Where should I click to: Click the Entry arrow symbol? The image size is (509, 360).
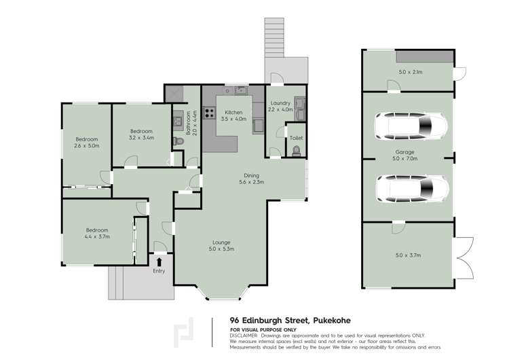pos(159,261)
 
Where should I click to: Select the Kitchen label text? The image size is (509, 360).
pos(233,113)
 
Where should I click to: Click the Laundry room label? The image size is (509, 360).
pos(280,105)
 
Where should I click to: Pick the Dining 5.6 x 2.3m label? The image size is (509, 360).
pos(251,179)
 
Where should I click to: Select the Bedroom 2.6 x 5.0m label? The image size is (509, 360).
pos(86,142)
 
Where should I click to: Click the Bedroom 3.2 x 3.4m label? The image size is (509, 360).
pos(141,134)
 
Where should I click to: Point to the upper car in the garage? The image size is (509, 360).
pos(411,125)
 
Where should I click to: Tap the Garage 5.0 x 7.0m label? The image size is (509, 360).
pos(405,156)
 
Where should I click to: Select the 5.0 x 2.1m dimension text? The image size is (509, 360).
pos(410,71)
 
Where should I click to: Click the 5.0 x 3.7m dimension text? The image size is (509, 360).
pos(409,255)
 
